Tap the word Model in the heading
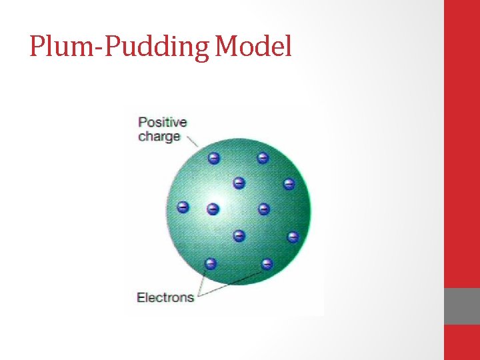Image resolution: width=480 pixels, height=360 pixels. [254, 47]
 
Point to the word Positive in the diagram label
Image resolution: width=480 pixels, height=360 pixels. [162, 123]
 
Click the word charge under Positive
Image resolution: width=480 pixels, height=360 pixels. [159, 137]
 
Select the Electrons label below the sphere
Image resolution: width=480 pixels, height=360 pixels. [165, 297]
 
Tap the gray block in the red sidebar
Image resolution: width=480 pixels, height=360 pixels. [461, 306]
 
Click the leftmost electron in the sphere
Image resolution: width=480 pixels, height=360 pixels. [183, 207]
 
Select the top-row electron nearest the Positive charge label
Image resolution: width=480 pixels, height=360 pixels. [213, 158]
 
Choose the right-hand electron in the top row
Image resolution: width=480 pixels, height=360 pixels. [263, 158]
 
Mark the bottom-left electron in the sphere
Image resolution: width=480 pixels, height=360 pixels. [211, 263]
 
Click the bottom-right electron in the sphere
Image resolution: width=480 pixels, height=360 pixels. [267, 263]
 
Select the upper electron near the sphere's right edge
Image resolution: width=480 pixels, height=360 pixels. [289, 183]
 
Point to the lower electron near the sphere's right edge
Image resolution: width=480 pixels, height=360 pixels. [293, 237]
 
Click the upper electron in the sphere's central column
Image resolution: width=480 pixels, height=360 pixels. [239, 183]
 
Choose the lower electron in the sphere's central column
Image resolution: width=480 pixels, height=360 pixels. [239, 235]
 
